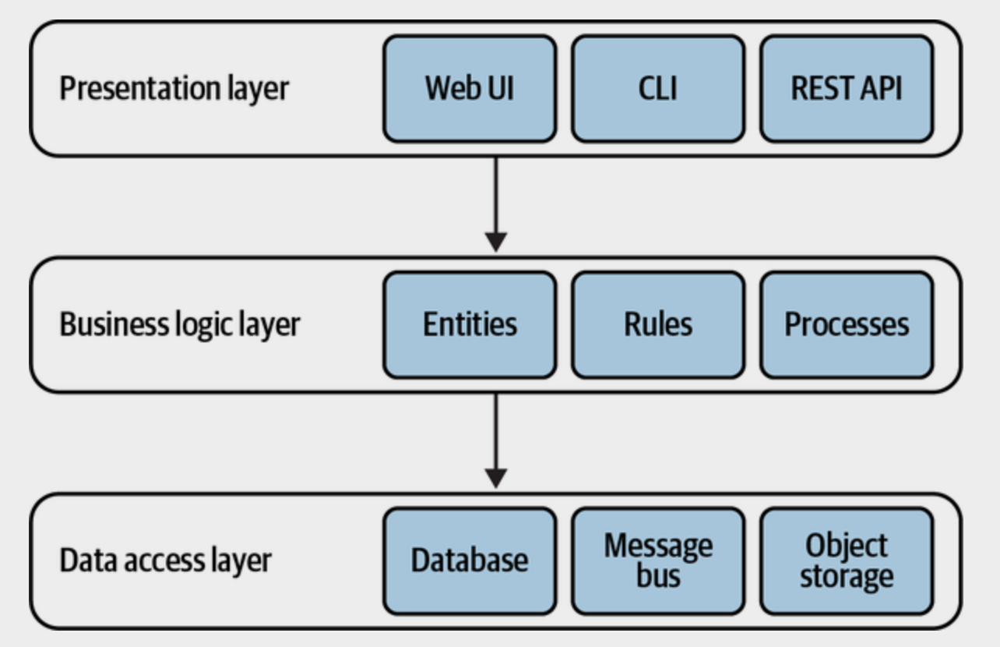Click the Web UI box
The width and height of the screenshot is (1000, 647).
470,88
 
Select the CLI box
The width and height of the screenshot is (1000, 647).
658,88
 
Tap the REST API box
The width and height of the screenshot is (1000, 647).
847,88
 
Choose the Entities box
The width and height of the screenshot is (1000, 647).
470,324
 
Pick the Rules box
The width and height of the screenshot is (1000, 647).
658,324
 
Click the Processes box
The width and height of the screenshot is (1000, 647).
847,324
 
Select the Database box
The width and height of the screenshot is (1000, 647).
470,560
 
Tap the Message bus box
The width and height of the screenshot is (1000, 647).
658,560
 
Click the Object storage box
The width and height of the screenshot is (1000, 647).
847,560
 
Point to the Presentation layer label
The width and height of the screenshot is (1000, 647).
174,88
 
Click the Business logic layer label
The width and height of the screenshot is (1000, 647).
180,324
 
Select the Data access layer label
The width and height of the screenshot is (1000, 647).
165,560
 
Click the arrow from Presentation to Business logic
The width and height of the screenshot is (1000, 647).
496,199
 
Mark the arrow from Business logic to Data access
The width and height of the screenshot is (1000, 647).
496,435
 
